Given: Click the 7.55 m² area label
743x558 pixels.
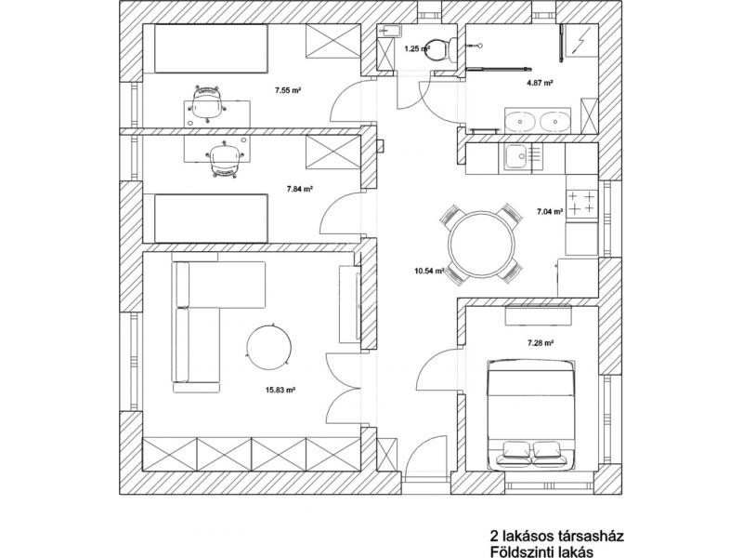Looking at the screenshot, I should coord(290,91).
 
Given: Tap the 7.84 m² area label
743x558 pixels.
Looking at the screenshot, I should coord(299,188).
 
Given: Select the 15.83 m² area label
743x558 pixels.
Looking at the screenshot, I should coord(280,391).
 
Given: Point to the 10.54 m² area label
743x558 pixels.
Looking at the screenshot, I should coord(429,272).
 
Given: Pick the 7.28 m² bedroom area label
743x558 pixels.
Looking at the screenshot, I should coord(540,343).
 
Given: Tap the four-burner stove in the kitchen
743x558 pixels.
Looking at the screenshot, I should coord(581,204).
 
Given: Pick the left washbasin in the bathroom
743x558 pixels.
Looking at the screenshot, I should coord(518,120).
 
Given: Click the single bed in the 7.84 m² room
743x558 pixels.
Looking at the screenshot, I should coord(212,217).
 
